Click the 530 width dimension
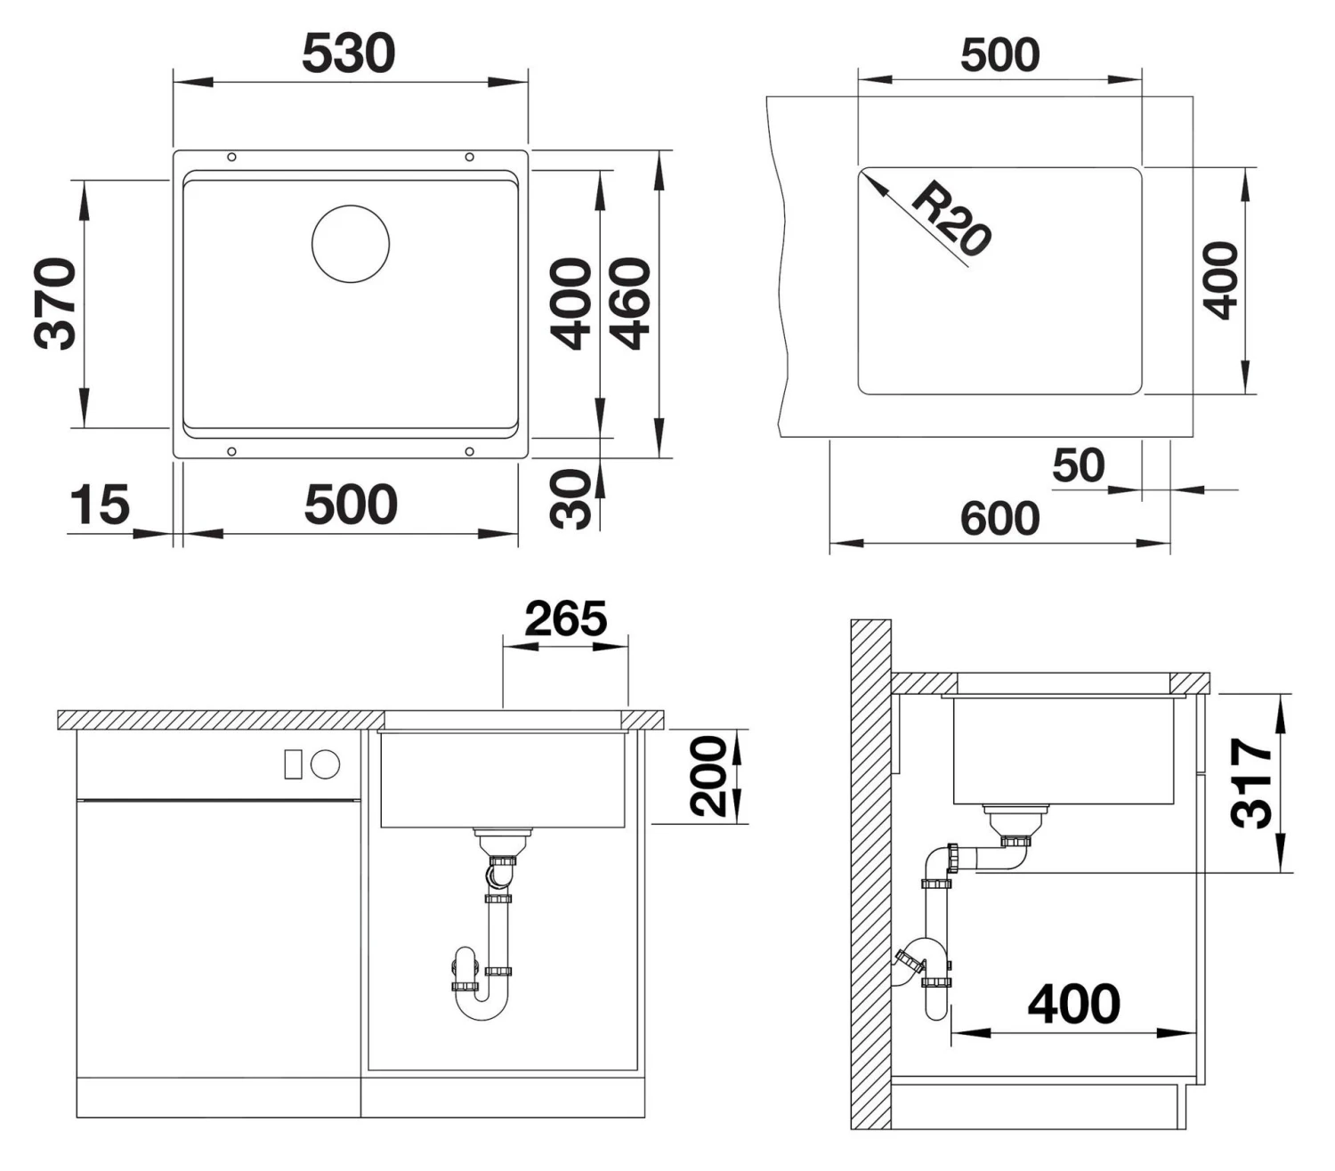click(348, 53)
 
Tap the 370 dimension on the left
click(55, 303)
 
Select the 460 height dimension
click(631, 303)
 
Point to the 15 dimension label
click(100, 505)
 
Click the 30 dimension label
click(571, 499)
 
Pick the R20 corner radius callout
click(951, 219)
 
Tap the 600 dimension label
click(999, 518)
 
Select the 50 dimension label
click(1078, 465)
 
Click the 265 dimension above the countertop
click(565, 619)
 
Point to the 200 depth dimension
click(709, 776)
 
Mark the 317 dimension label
click(1251, 782)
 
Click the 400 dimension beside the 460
click(570, 303)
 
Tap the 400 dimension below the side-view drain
click(1073, 1005)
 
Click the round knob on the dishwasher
click(326, 764)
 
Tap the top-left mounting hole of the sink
click(232, 157)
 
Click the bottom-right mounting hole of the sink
click(470, 451)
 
